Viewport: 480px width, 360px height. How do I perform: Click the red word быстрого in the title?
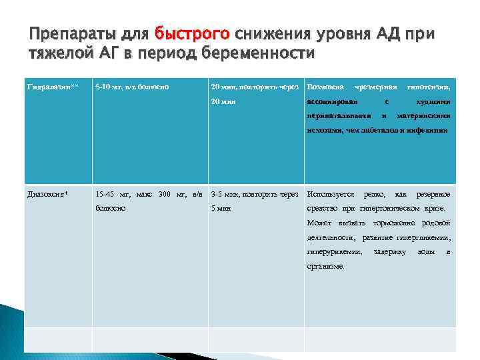192,33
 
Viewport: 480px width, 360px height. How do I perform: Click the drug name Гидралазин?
47,87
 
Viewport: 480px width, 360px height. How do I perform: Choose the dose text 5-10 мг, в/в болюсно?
134,87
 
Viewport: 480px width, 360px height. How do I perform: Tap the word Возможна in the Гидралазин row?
325,87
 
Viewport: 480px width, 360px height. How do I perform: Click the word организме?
325,267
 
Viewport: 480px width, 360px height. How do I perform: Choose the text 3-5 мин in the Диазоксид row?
227,195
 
